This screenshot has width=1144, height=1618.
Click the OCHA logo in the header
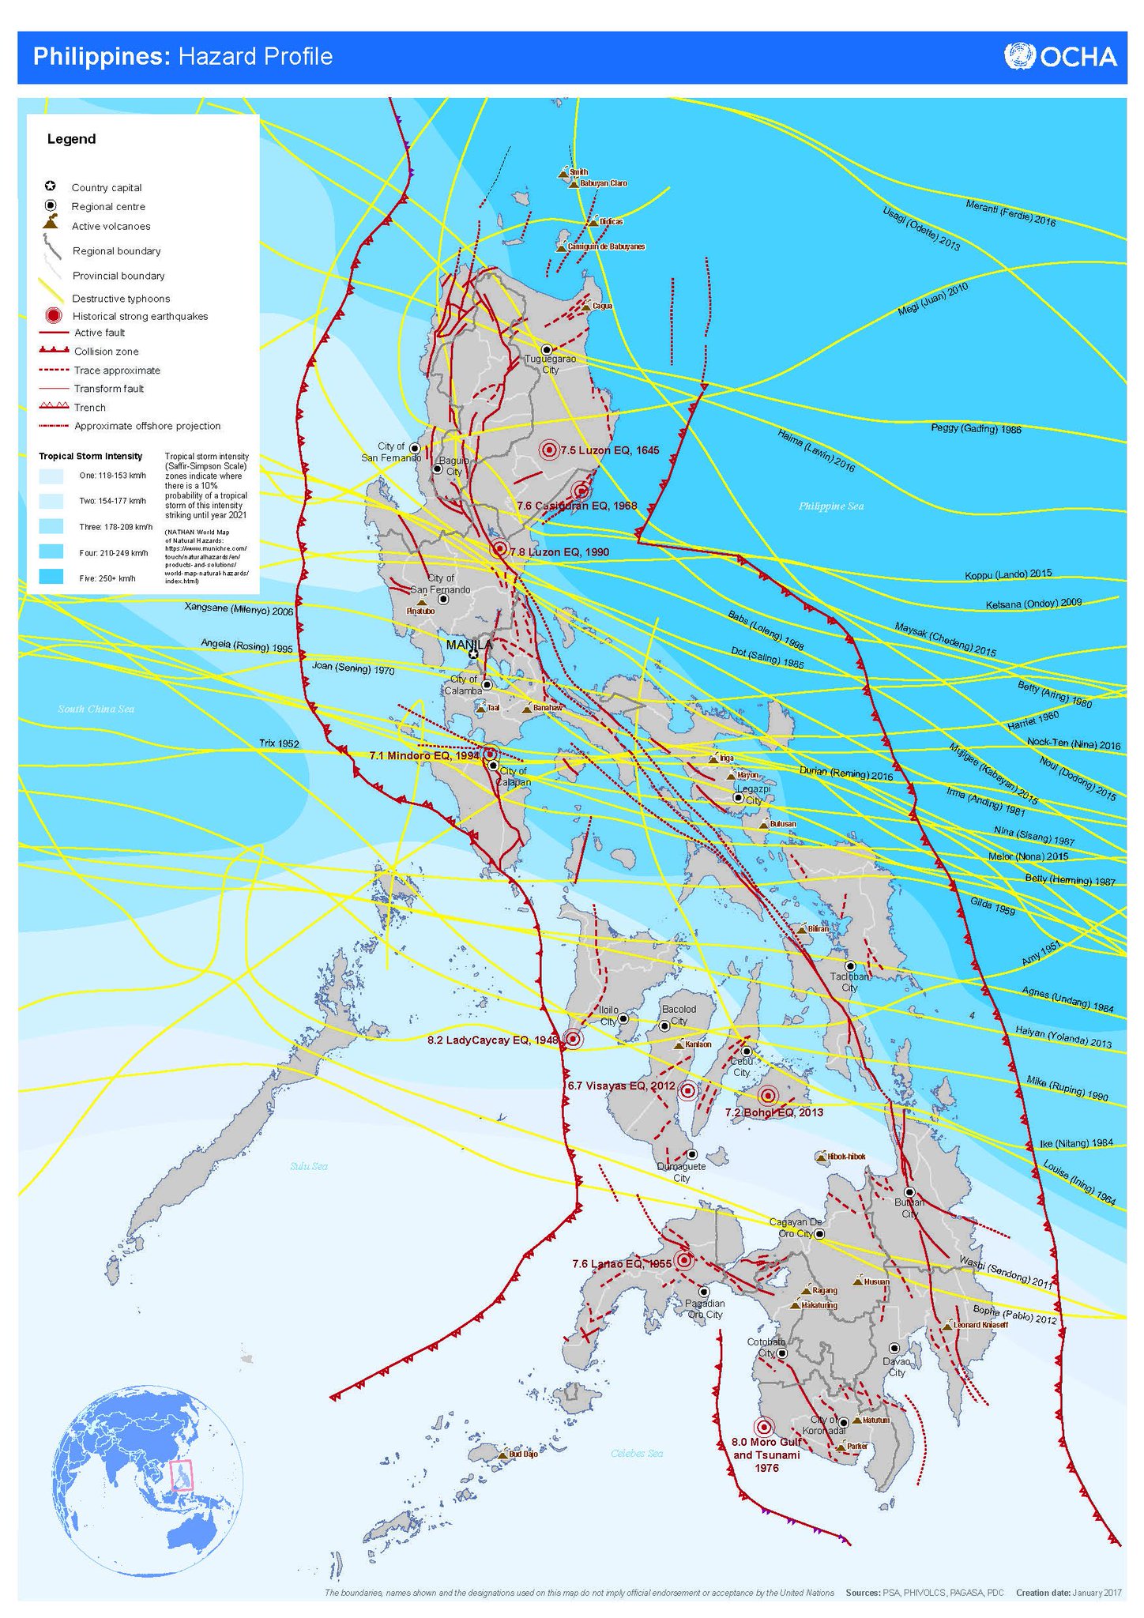pos(1060,57)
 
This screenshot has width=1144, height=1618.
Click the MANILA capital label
pos(469,645)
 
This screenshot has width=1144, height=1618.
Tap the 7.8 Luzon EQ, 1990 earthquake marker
pos(499,549)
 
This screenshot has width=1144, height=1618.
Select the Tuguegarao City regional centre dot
pos(546,349)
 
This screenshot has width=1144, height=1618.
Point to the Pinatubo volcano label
pos(420,611)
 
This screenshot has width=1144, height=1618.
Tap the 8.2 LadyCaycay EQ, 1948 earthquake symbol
pos(574,1039)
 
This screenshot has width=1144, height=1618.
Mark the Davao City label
pos(897,1368)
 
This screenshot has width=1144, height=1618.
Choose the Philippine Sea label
pos(831,506)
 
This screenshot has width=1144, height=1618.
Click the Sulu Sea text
pos(308,1166)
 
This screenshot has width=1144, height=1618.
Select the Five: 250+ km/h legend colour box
pos(51,578)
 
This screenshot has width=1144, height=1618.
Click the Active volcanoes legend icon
pos(51,222)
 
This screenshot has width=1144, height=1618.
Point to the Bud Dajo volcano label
pos(522,1454)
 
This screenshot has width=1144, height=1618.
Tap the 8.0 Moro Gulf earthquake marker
pos(763,1428)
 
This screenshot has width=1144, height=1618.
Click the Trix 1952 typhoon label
pos(279,743)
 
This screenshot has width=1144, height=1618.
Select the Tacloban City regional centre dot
pos(850,965)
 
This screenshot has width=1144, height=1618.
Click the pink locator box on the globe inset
pos(182,1474)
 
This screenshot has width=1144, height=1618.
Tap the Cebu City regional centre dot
pos(746,1052)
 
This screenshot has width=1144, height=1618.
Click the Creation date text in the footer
pos(1068,1592)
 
